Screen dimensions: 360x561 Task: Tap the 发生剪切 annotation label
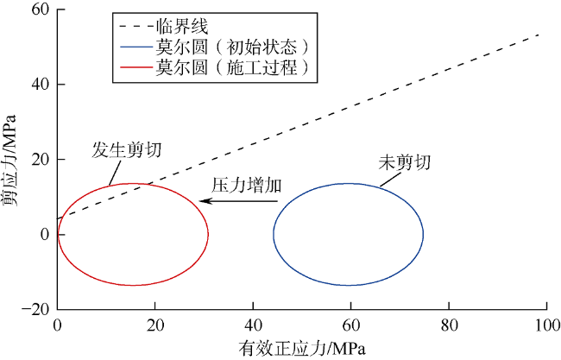pos(126,149)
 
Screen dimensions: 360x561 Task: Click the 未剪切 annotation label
pos(404,163)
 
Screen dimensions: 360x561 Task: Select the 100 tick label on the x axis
pos(547,325)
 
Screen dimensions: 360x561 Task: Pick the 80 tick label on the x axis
pos(449,325)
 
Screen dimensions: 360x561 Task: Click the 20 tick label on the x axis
pos(155,325)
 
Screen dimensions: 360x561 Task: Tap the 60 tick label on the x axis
pos(350,325)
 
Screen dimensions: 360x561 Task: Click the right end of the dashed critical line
pos(539,35)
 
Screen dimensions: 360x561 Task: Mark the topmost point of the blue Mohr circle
pos(349,183)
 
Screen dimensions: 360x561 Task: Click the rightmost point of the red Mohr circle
pos(208,233)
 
